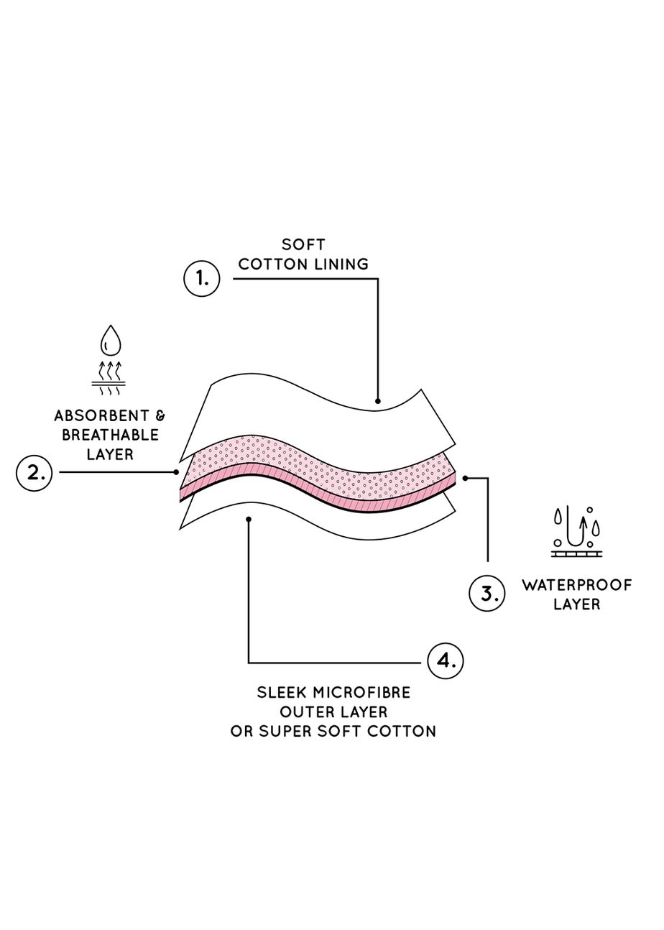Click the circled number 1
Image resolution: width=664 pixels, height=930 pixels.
(202, 278)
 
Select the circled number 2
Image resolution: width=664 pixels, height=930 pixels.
(34, 473)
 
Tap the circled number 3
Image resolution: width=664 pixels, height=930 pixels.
(487, 594)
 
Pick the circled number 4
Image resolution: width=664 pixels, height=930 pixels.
(446, 660)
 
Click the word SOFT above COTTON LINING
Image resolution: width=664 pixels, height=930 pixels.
(303, 245)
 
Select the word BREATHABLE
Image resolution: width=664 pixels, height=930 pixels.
(110, 435)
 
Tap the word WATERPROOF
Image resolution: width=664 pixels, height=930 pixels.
(577, 584)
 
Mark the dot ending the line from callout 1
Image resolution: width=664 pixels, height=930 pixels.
(378, 401)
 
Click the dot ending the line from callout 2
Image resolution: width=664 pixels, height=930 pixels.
(176, 472)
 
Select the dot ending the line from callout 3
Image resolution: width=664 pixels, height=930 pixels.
(466, 478)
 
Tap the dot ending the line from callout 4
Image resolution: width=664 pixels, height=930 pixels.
(249, 518)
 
